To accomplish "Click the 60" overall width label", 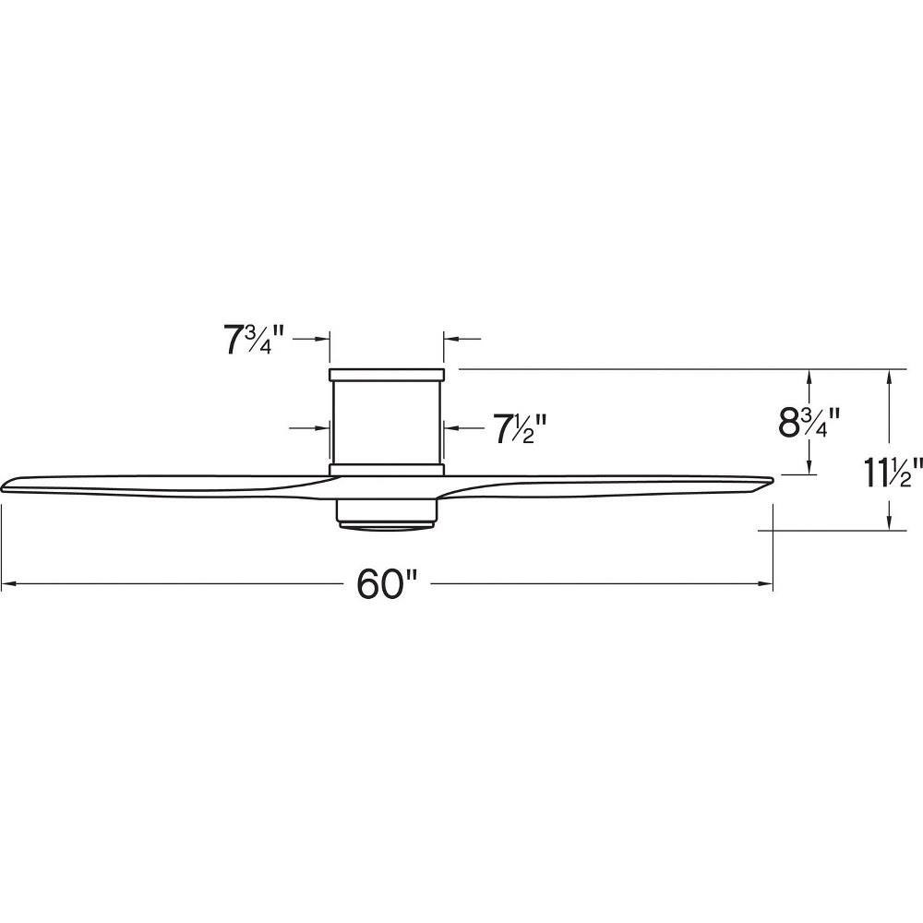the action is [x=387, y=584].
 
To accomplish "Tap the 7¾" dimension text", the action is [x=254, y=340].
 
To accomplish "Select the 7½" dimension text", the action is [x=521, y=428].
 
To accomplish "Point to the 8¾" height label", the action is [x=809, y=422].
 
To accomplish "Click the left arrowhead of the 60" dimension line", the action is [x=8, y=584].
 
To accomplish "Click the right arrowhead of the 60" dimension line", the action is [x=765, y=584].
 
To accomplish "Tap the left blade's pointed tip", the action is [x=4, y=486].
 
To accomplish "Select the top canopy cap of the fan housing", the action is [x=386, y=375].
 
